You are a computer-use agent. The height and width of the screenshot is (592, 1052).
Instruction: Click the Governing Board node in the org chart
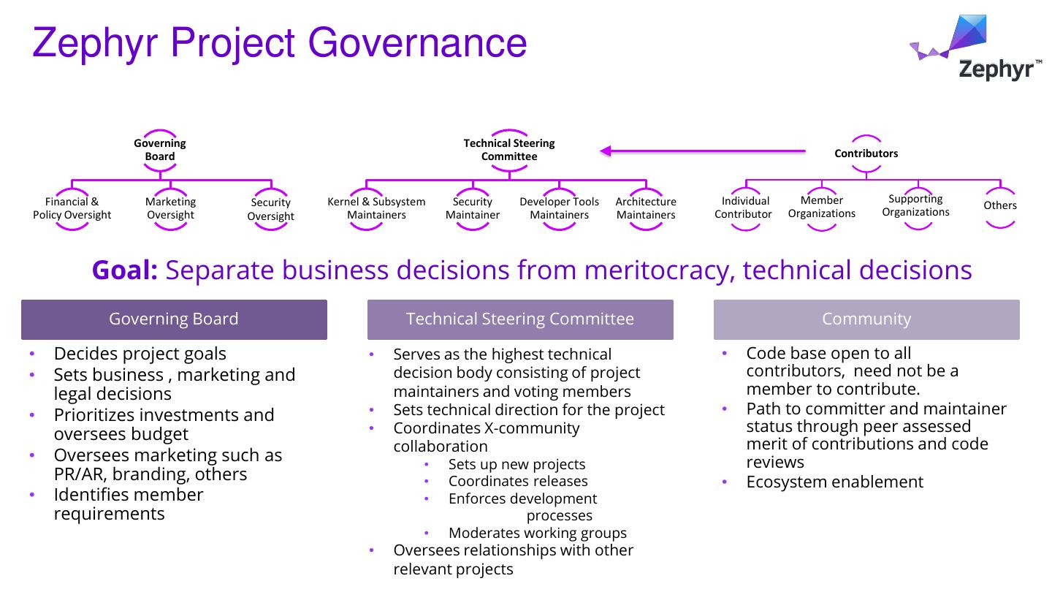[x=160, y=150]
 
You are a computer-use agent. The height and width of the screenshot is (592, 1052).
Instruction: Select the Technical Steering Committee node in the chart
[x=509, y=150]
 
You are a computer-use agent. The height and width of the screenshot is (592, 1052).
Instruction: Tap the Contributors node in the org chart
[x=866, y=153]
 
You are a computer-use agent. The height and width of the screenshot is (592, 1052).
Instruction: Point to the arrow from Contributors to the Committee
[x=701, y=151]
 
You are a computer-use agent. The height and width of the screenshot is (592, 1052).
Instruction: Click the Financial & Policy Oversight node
[x=72, y=208]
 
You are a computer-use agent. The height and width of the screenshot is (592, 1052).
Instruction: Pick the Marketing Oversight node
[x=170, y=208]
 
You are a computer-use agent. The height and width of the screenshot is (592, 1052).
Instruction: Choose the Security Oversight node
[x=270, y=209]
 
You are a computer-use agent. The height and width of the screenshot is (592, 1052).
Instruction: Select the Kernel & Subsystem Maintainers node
[x=376, y=208]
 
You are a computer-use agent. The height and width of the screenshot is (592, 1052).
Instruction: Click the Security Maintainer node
[x=473, y=208]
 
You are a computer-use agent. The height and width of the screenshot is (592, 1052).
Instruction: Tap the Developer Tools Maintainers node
[x=559, y=208]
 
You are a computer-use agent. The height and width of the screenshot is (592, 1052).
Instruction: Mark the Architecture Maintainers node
[x=646, y=208]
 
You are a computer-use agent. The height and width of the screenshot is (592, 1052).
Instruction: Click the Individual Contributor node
[x=744, y=208]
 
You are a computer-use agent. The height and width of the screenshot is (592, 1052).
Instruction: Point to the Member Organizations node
[x=821, y=207]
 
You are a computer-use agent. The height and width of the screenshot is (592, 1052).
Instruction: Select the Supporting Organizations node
[x=915, y=205]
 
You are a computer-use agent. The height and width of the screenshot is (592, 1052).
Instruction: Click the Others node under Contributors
[x=999, y=205]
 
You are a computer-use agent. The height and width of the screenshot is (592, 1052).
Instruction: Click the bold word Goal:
[x=125, y=270]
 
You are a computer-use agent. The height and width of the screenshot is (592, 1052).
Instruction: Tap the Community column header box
[x=866, y=319]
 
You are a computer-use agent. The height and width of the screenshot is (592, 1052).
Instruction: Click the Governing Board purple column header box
[x=174, y=319]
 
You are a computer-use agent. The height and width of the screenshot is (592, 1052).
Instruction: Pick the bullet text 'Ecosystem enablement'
[x=834, y=482]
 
